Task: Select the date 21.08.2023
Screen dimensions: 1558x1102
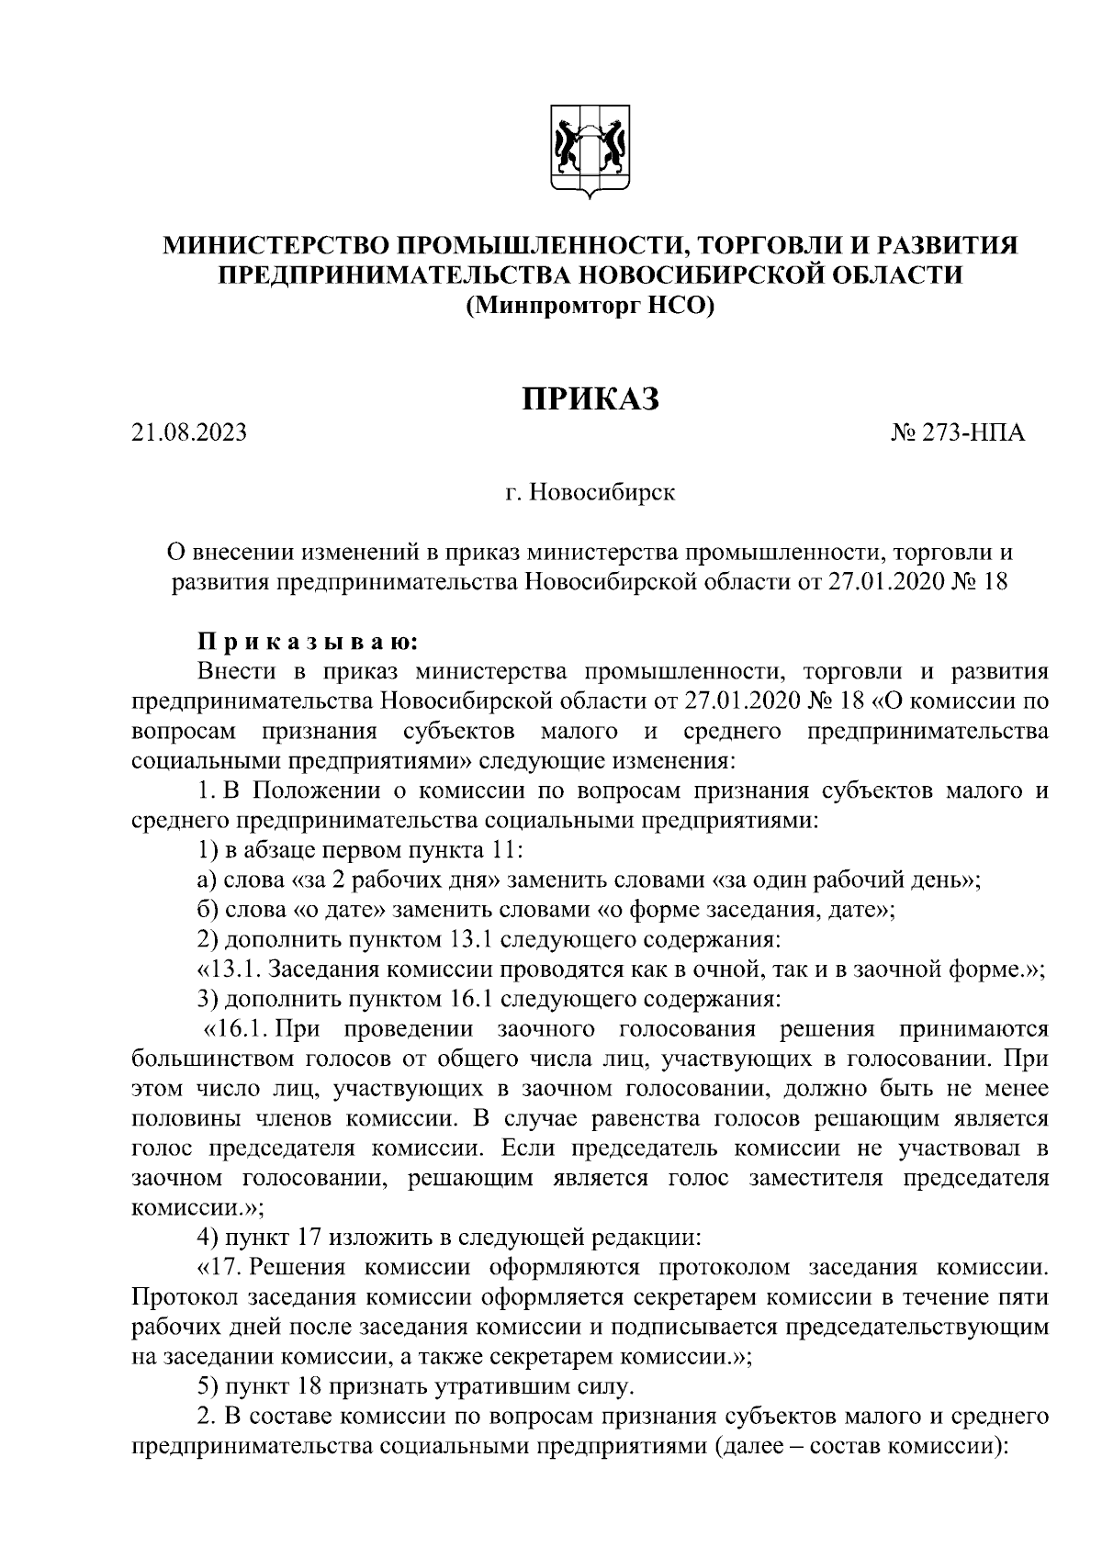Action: pyautogui.click(x=188, y=432)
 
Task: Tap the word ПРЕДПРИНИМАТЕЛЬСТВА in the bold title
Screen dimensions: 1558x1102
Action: pyautogui.click(x=385, y=275)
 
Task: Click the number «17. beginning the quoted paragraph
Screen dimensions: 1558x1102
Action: pyautogui.click(x=222, y=1268)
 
